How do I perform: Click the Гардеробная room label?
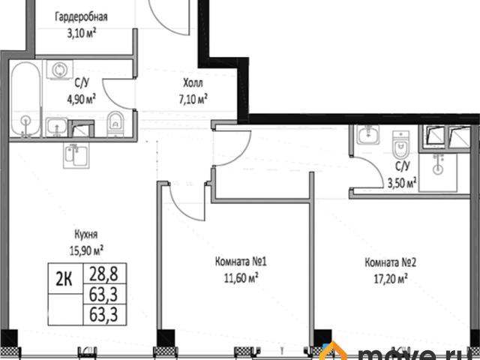pyautogui.click(x=81, y=17)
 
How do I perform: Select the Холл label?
pyautogui.click(x=193, y=83)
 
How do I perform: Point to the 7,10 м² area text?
pyautogui.click(x=193, y=99)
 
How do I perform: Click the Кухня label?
pyautogui.click(x=86, y=235)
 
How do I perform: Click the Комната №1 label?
pyautogui.click(x=241, y=262)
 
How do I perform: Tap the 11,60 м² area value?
pyautogui.click(x=241, y=278)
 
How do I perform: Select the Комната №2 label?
pyautogui.click(x=390, y=262)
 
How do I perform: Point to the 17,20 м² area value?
pyautogui.click(x=391, y=279)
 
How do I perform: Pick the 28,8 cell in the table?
pyautogui.click(x=103, y=274)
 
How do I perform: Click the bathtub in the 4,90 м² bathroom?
pyautogui.click(x=25, y=98)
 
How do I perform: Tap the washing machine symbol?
pyautogui.click(x=60, y=70)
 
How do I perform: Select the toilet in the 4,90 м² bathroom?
pyautogui.click(x=115, y=123)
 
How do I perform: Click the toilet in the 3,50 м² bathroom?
pyautogui.click(x=400, y=145)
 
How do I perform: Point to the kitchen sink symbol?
pyautogui.click(x=76, y=155)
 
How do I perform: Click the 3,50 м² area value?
pyautogui.click(x=402, y=183)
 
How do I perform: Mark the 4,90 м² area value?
pyautogui.click(x=82, y=99)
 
